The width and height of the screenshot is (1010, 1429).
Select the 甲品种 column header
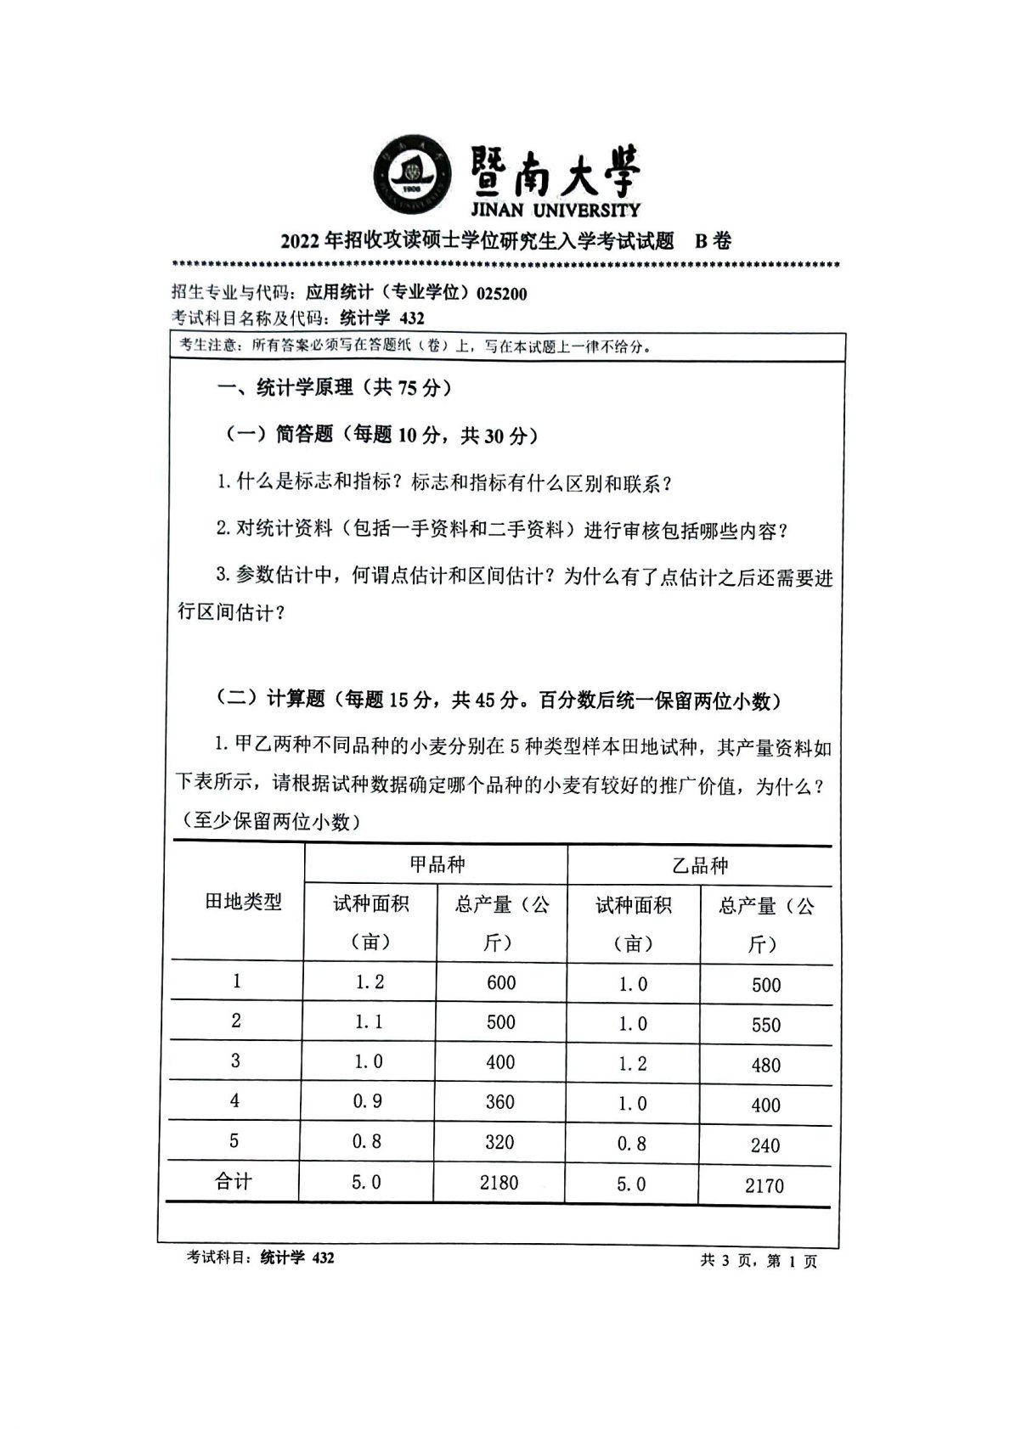click(437, 864)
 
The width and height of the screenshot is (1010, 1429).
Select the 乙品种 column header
click(700, 865)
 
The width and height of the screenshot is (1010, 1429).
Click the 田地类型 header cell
click(243, 902)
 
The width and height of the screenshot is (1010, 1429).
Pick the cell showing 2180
click(499, 1182)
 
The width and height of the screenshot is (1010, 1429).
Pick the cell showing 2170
click(764, 1185)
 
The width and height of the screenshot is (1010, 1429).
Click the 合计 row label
click(234, 1181)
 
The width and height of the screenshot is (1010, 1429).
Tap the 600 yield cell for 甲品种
click(501, 982)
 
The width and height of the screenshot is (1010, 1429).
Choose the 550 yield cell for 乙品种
click(765, 1025)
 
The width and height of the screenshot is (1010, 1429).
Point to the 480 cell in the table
click(765, 1065)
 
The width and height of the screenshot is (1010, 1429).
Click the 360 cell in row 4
click(499, 1101)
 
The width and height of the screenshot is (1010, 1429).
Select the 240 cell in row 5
click(765, 1145)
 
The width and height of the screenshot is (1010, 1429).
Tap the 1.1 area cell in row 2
click(369, 1021)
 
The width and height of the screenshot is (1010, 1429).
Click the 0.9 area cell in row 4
click(367, 1101)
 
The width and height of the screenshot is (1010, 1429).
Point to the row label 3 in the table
click(235, 1060)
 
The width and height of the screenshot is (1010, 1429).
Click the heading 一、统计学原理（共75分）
click(334, 388)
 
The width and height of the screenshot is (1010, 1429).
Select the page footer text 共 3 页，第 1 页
click(758, 1262)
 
